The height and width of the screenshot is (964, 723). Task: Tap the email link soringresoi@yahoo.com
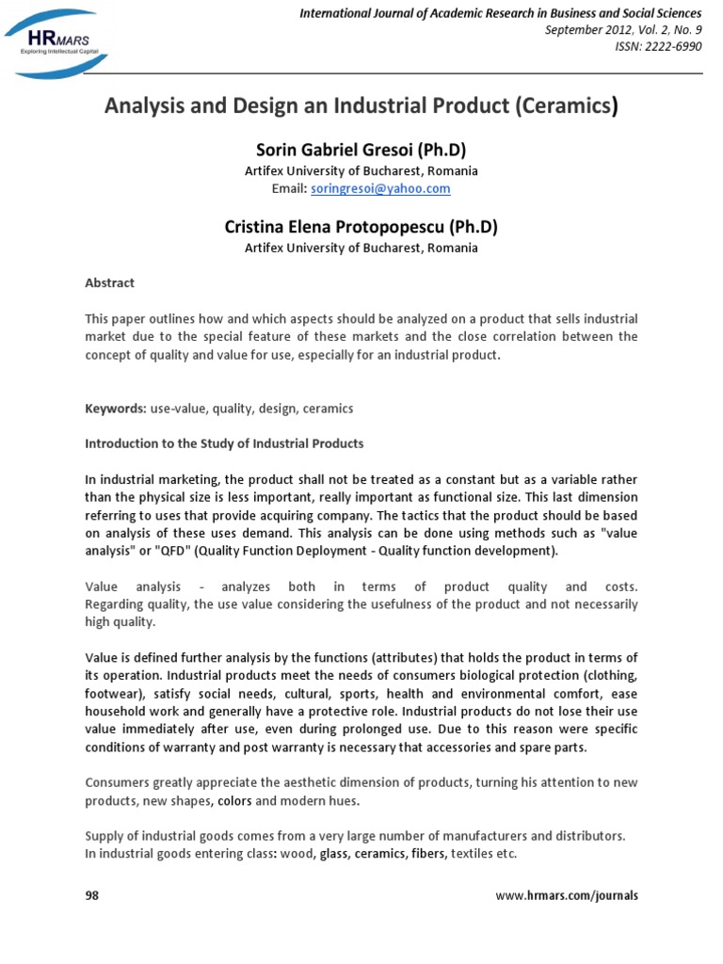pyautogui.click(x=399, y=188)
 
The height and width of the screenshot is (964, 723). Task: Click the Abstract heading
pyautogui.click(x=110, y=282)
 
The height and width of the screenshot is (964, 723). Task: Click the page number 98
pyautogui.click(x=92, y=895)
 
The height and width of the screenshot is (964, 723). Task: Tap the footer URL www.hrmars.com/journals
pyautogui.click(x=567, y=895)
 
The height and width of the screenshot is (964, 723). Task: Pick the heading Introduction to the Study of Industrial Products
pyautogui.click(x=224, y=442)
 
